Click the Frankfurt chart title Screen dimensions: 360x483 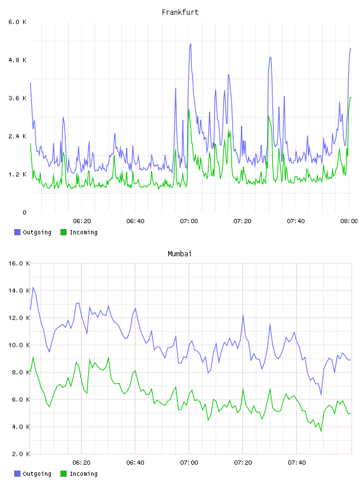[180, 12]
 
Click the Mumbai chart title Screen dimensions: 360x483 [179, 254]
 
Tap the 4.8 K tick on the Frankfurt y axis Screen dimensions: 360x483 [18, 60]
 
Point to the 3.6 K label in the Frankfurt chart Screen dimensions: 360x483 [18, 98]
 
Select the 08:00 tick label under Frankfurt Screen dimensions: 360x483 [349, 221]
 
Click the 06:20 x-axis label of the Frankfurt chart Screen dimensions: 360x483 [82, 221]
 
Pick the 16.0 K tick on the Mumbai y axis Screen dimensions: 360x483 [19, 263]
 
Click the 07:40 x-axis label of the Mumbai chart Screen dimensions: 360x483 [297, 463]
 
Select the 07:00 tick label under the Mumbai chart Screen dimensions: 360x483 [189, 463]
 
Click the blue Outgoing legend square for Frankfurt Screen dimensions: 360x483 [17, 232]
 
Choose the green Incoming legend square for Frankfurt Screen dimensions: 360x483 [63, 232]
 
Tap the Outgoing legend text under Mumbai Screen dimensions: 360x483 [37, 474]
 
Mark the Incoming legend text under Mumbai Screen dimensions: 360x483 [83, 474]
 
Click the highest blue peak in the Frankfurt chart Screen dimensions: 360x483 [191, 44]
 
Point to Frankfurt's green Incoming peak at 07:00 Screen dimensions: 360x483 [189, 110]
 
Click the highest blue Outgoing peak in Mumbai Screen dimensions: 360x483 [33, 288]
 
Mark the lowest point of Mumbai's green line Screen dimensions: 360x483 [321, 432]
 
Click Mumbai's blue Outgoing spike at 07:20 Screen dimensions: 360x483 [243, 314]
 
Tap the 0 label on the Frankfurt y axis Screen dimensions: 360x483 [24, 212]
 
